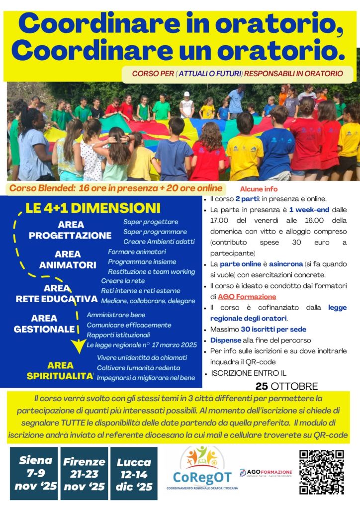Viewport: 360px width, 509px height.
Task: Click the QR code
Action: point(322,472)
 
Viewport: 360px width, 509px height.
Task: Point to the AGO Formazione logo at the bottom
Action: point(266,472)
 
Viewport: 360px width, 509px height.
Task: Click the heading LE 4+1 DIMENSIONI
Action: point(93,208)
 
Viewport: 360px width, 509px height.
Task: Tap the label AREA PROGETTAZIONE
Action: point(70,230)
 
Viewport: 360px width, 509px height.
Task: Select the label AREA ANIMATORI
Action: point(68,259)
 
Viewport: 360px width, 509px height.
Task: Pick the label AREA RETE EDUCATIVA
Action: point(57,294)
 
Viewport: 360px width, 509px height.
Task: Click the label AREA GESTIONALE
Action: point(44,323)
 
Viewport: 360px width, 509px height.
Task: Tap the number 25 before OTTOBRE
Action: point(262,386)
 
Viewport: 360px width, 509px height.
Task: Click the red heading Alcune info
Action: point(259,189)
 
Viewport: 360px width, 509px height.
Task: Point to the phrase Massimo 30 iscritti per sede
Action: point(258,329)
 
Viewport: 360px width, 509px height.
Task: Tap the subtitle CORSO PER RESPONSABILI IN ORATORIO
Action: point(237,74)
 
